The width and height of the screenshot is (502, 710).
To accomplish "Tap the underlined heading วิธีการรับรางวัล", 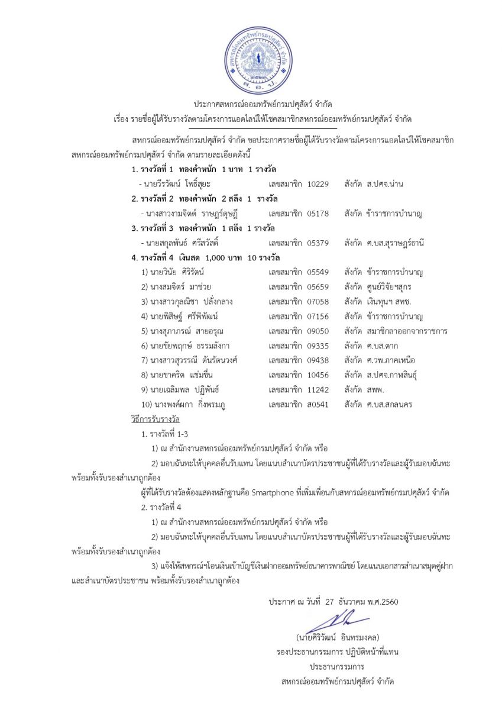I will [x=156, y=419].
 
